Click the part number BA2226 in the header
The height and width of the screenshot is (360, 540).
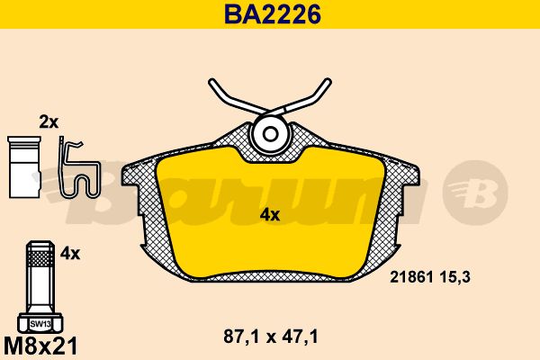pos(273,14)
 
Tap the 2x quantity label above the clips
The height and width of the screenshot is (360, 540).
pos(49,122)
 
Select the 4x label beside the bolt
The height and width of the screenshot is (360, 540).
pos(70,254)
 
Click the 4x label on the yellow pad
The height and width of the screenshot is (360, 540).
pos(270,215)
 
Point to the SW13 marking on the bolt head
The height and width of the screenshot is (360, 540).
pos(40,324)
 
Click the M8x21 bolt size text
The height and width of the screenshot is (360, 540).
pos(40,346)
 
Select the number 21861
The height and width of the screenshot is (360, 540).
pos(411,277)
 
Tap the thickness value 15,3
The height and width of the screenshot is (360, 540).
pos(454,277)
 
